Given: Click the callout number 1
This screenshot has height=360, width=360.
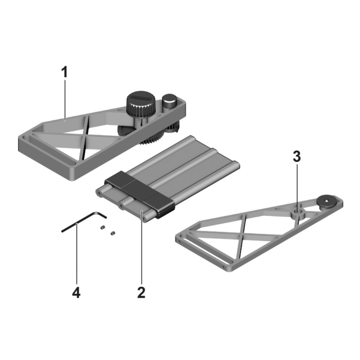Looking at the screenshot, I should (64, 73).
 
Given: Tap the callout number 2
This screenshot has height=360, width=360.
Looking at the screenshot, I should (141, 293).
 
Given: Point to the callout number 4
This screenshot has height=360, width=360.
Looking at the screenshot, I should (76, 293).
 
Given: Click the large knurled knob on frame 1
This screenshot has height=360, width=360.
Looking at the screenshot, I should (140, 105).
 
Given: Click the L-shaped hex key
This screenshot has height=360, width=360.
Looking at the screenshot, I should (82, 222).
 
